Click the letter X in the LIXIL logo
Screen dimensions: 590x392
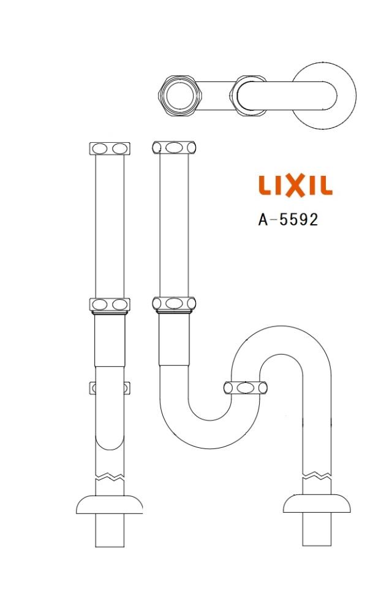pyautogui.click(x=295, y=186)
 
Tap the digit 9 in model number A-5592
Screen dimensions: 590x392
pyautogui.click(x=303, y=219)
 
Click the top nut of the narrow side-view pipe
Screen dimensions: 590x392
pyautogui.click(x=110, y=148)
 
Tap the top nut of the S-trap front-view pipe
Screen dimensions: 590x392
pyautogui.click(x=175, y=148)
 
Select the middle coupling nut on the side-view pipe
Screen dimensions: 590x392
pyautogui.click(x=110, y=304)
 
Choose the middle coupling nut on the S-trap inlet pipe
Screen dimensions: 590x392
pyautogui.click(x=175, y=303)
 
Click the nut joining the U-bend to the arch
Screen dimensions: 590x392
pyautogui.click(x=245, y=387)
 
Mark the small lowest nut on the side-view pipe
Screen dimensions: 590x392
pyautogui.click(x=110, y=388)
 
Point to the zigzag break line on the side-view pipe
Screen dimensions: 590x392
pyautogui.click(x=110, y=475)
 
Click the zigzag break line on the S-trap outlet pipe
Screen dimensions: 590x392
pyautogui.click(x=317, y=475)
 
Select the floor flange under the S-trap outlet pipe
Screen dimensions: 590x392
pyautogui.click(x=317, y=504)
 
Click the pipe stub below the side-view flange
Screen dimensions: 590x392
pyautogui.click(x=110, y=530)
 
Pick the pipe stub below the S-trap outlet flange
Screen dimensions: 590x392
pyautogui.click(x=317, y=530)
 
